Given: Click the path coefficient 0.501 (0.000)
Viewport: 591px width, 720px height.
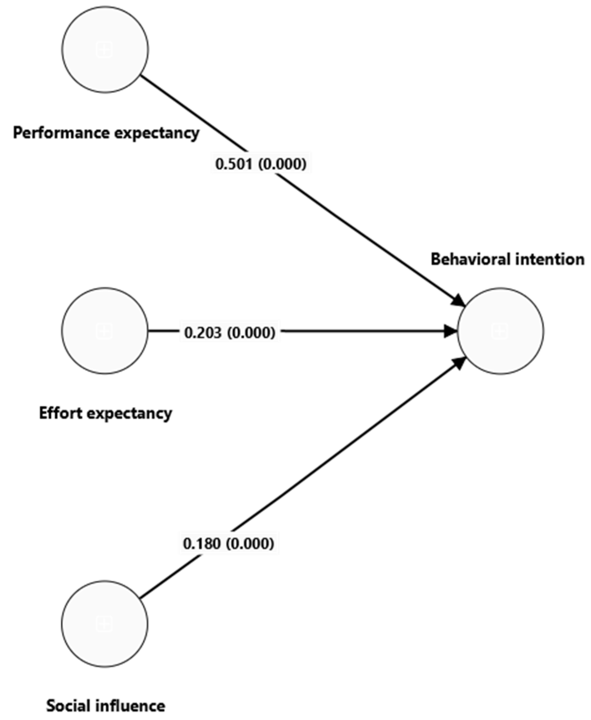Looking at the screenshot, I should coord(261,164).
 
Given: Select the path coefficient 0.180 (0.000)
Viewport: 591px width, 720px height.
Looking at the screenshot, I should coord(228,544).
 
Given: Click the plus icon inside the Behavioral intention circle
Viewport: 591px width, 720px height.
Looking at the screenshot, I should coord(500,331).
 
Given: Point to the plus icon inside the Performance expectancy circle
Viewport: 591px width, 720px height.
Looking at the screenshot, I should coord(104,49).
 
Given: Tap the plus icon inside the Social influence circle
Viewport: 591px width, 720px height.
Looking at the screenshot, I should coord(104,624).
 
